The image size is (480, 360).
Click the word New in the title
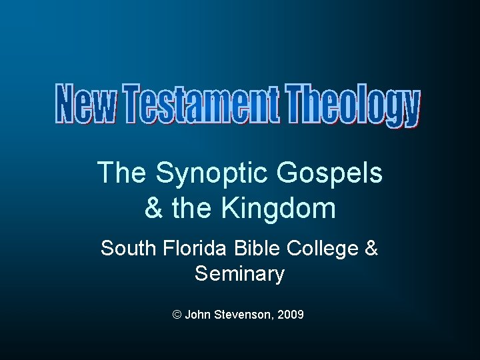pos(84,105)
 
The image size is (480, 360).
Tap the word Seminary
pos(239,273)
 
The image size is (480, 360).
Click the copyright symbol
pos(177,313)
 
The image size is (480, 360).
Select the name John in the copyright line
pos(197,313)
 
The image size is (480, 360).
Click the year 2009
pos(290,313)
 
